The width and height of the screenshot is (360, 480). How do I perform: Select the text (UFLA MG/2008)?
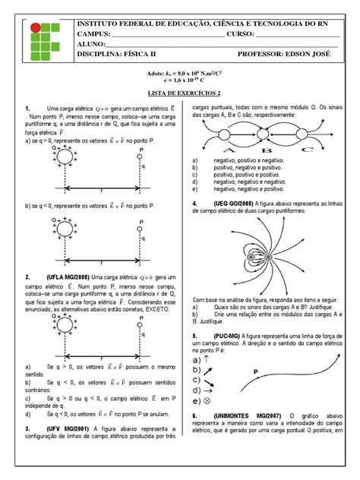click(70, 277)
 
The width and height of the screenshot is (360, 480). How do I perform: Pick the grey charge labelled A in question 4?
click(249, 258)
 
